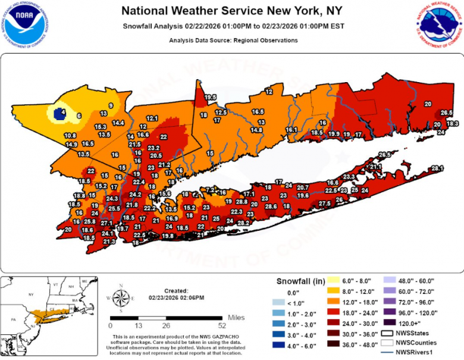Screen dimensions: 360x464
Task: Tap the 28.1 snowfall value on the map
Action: (438, 168)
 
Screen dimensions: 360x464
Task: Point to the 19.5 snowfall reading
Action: (211, 97)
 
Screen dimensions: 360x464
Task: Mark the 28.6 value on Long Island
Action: (271, 206)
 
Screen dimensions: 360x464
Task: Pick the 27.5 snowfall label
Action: (324, 204)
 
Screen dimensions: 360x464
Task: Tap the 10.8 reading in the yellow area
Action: (70, 135)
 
